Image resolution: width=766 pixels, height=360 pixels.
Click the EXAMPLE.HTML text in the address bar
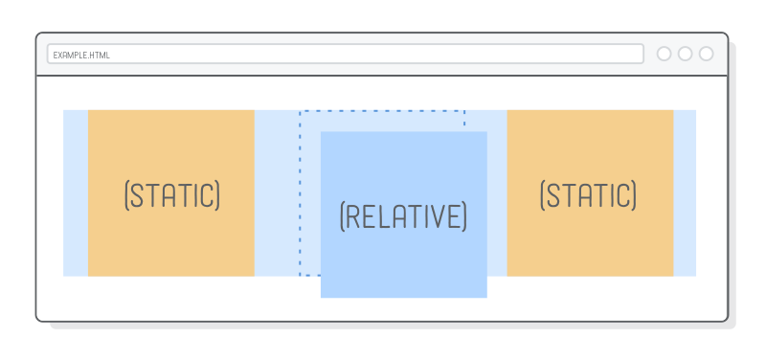point(81,55)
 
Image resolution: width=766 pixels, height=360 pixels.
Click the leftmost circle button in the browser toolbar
point(665,54)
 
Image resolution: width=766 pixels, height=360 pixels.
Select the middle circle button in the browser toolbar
point(686,54)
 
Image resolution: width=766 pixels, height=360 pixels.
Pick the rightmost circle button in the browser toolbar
point(707,54)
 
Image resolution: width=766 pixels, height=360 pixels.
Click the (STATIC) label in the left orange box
point(172,194)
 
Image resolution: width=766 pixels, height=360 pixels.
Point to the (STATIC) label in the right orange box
point(588,194)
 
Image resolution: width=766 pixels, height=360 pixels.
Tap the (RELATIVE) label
point(403,216)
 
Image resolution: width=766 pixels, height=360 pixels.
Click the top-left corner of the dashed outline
point(300,111)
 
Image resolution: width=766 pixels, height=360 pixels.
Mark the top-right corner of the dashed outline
point(464,111)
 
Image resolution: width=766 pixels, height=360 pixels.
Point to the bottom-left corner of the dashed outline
point(300,276)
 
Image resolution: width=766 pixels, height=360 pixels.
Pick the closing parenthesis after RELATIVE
point(463,216)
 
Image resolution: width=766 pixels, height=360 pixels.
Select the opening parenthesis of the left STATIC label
point(127,194)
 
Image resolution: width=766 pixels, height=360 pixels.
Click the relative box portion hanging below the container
point(403,287)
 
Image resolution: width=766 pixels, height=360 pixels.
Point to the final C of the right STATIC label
point(622,194)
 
